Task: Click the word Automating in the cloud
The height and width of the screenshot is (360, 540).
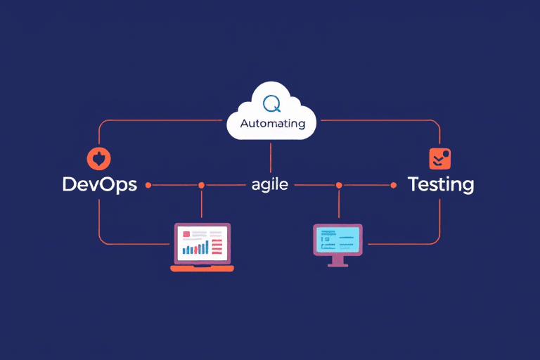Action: pos(272,124)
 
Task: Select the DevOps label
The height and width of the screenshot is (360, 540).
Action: pos(99,185)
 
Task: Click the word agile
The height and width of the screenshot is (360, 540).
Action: pos(270,186)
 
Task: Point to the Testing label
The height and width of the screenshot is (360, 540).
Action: pos(441,185)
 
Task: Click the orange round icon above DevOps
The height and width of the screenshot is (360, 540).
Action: pos(98,157)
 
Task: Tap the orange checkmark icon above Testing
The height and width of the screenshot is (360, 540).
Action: pos(439,158)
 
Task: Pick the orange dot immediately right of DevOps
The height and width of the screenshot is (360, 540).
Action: pos(148,185)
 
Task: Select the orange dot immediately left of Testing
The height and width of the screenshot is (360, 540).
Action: pos(394,185)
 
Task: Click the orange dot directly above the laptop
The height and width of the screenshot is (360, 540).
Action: pos(201,185)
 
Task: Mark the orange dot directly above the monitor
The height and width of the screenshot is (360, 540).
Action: pos(339,185)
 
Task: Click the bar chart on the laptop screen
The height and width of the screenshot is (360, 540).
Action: pos(195,247)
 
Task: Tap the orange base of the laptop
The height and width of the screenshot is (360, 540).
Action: pos(202,268)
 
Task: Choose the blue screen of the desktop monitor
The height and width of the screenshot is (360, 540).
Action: pos(337,239)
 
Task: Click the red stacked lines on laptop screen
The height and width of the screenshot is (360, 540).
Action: pos(217,246)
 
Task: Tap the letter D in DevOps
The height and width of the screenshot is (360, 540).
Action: pos(70,185)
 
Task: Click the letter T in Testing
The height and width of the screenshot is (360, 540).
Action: pos(414,185)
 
